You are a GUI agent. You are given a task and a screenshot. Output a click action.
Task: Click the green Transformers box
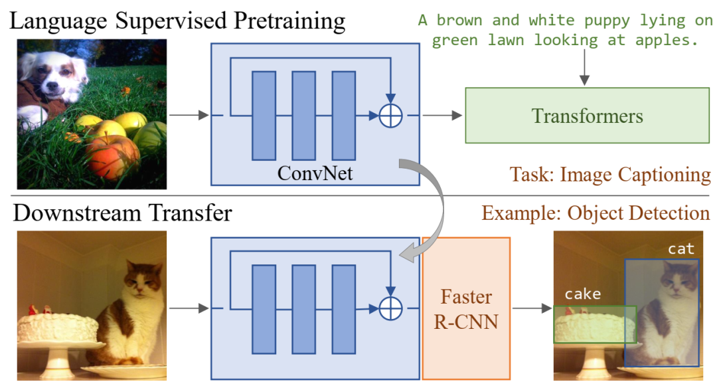tap(587, 116)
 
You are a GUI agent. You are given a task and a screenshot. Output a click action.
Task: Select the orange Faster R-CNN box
tap(466, 308)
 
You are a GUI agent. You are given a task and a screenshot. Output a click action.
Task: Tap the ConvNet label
tap(315, 173)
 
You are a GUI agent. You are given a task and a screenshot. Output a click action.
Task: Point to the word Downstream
tap(77, 213)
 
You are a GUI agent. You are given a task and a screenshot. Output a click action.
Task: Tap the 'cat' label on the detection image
tap(681, 249)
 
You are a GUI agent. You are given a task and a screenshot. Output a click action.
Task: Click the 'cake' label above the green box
tap(583, 294)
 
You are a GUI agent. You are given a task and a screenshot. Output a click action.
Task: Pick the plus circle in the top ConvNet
tap(390, 116)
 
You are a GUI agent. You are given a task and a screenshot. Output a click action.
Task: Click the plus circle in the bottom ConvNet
tap(390, 308)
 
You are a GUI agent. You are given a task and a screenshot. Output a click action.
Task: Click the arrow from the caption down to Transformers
tap(584, 67)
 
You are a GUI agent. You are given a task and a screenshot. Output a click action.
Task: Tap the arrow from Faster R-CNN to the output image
tap(532, 308)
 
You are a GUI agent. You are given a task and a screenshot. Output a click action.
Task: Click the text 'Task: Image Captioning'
tap(610, 174)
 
